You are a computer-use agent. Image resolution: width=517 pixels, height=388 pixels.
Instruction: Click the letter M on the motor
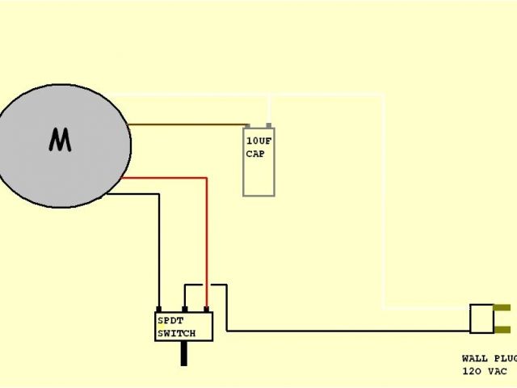point(60,141)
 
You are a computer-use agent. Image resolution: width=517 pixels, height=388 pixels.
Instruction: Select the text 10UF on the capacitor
point(258,141)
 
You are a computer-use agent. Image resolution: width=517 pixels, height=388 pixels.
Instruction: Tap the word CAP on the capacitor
point(255,153)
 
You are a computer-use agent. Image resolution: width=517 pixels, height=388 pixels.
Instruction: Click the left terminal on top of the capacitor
point(249,126)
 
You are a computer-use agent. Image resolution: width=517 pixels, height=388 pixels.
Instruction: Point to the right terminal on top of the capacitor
point(269,126)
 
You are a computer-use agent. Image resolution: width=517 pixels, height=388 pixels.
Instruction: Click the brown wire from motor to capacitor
point(186,125)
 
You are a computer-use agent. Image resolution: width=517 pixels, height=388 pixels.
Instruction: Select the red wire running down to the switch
point(207,242)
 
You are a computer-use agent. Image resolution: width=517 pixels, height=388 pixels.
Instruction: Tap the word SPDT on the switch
point(170,320)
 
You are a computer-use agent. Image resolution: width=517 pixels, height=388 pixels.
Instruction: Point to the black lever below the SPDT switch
point(184,352)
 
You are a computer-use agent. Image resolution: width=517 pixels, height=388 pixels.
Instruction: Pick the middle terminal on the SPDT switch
point(185,310)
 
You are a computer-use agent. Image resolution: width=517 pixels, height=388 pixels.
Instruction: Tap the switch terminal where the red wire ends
point(207,310)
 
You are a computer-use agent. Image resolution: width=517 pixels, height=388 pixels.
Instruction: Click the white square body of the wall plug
point(481,318)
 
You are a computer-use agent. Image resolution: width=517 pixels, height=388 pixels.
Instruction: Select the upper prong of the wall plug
point(501,308)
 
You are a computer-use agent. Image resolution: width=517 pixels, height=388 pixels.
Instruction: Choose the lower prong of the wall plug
point(501,329)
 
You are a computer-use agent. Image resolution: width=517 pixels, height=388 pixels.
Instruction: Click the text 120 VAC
point(485,371)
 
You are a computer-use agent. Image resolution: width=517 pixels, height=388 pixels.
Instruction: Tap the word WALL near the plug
point(473,357)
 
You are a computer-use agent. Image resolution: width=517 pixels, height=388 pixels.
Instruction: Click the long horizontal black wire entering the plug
point(347,330)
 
